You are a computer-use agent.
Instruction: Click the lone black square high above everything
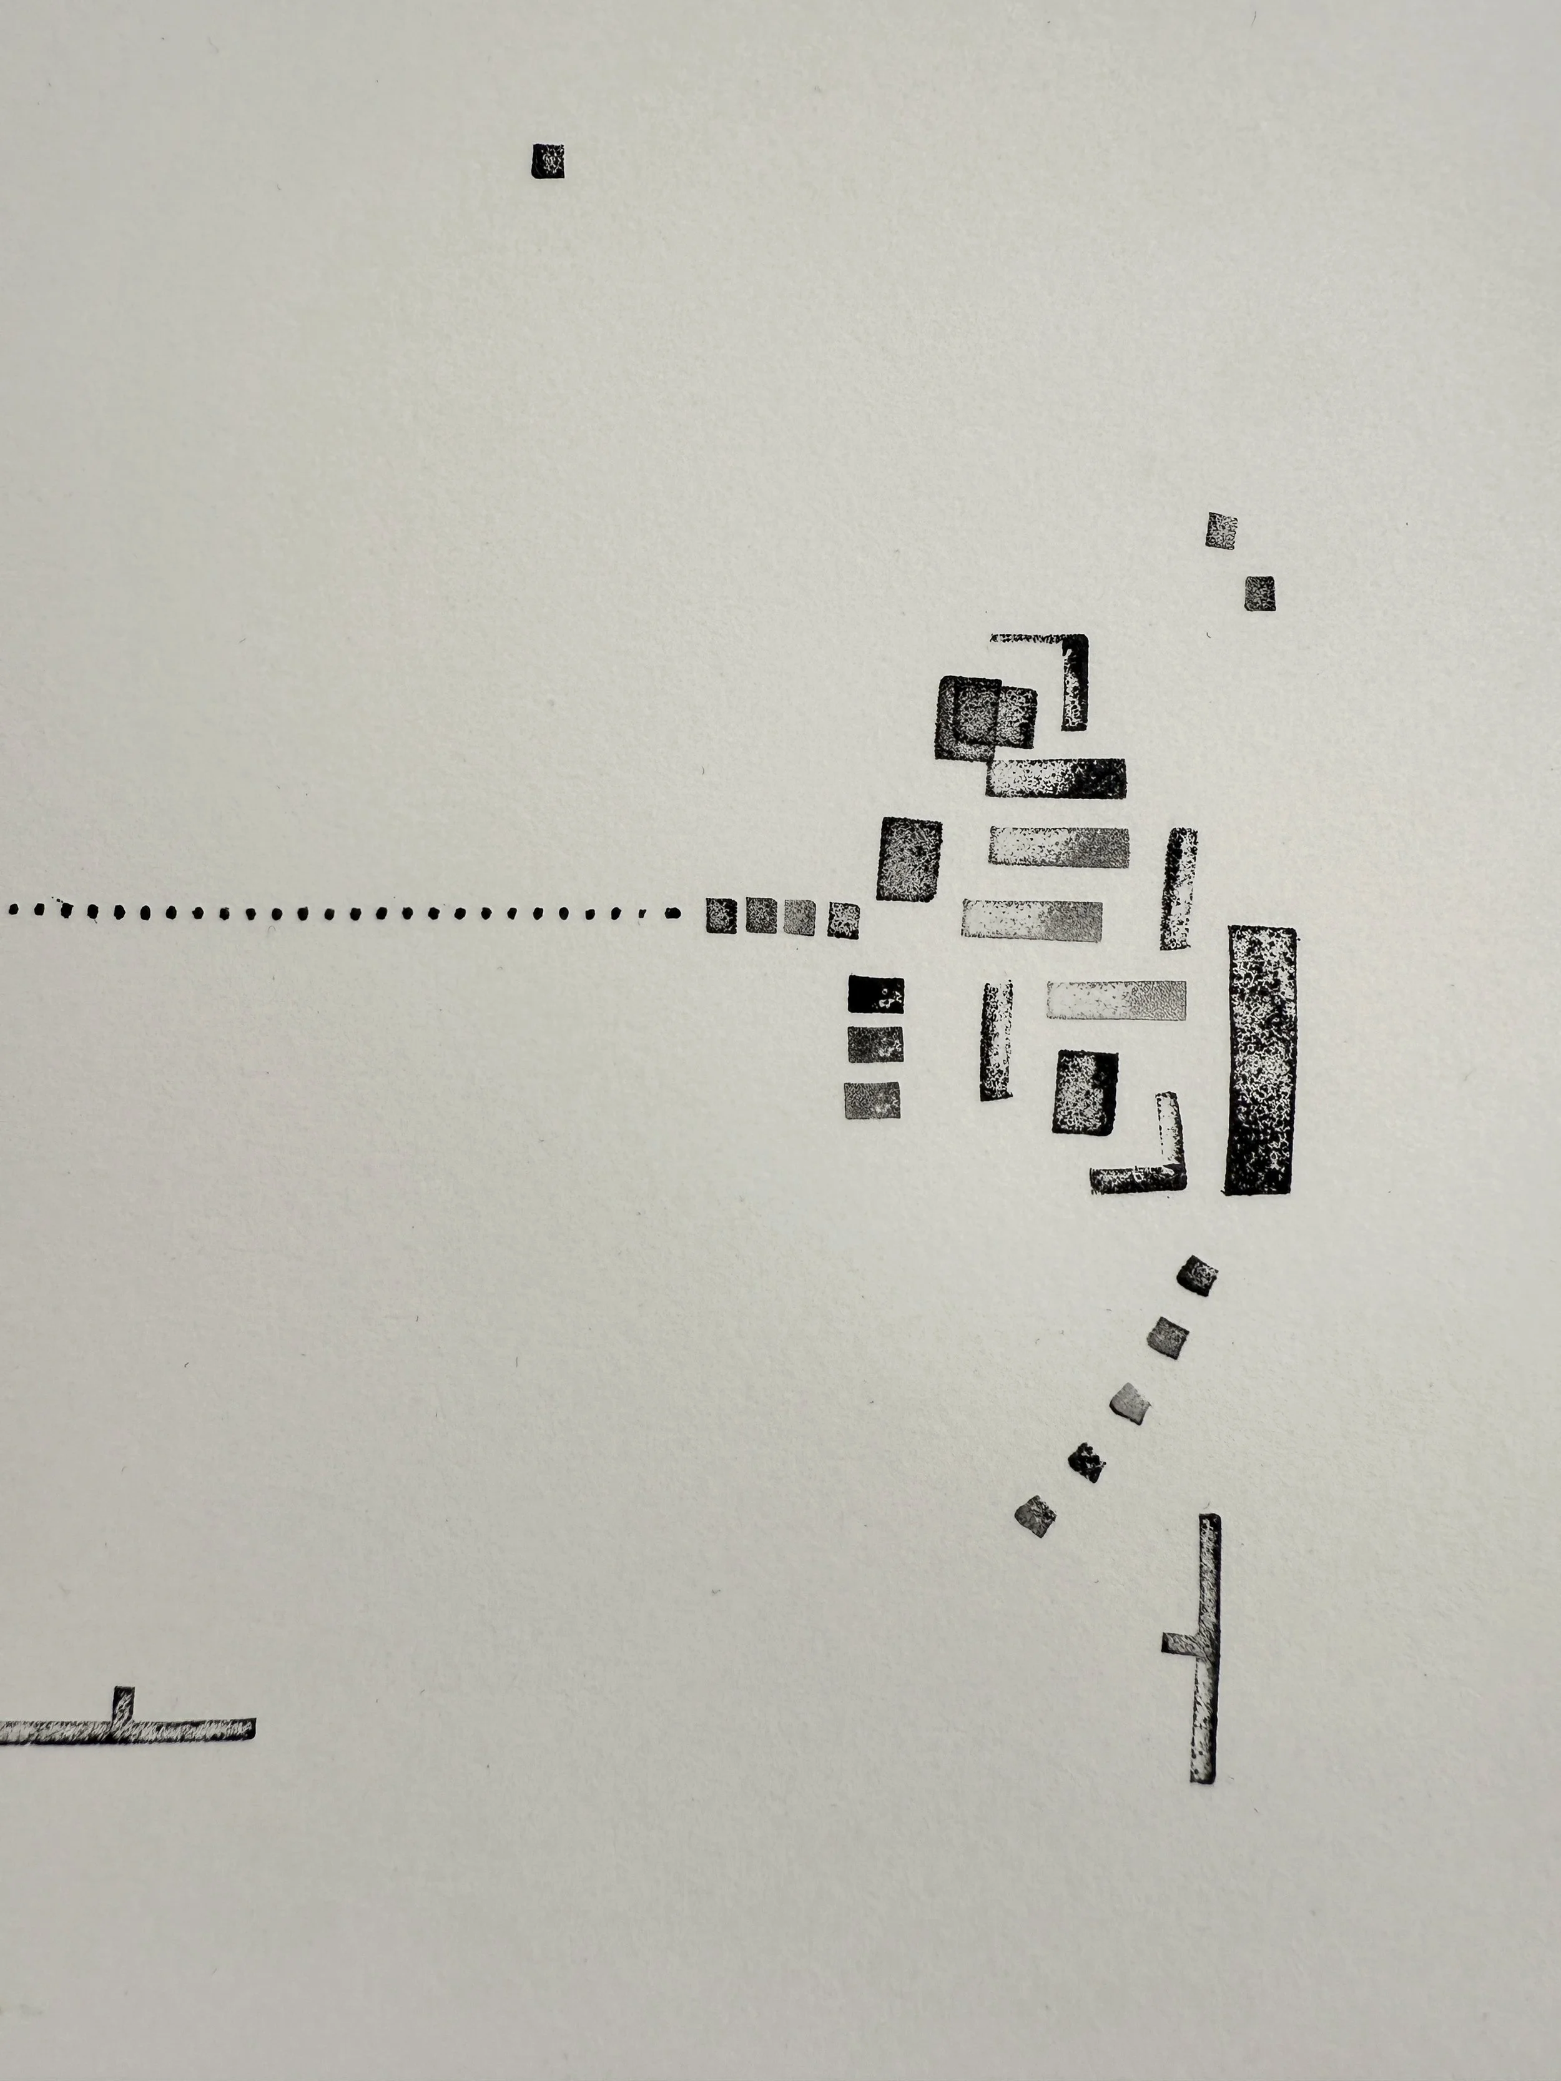click(x=548, y=161)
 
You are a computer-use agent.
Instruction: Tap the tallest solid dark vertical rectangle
click(x=1261, y=1060)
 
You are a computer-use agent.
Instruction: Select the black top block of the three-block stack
click(x=875, y=993)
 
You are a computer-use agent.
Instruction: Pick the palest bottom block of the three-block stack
click(x=872, y=1100)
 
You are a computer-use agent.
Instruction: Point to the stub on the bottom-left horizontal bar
click(x=123, y=1700)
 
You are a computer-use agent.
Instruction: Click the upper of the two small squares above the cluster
click(x=1221, y=531)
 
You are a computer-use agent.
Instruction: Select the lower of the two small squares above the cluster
click(x=1260, y=594)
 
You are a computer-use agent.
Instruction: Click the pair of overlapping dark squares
click(x=983, y=717)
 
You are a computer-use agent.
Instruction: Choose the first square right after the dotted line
click(x=721, y=915)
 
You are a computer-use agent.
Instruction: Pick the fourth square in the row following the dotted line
click(x=843, y=920)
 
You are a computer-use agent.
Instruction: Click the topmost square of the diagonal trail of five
click(x=1197, y=1276)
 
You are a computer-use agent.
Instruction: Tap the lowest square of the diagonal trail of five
click(x=1035, y=1515)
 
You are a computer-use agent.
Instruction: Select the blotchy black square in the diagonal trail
click(x=1087, y=1463)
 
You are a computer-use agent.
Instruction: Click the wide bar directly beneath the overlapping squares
click(x=1056, y=778)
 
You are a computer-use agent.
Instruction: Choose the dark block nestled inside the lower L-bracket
click(x=1085, y=1091)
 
